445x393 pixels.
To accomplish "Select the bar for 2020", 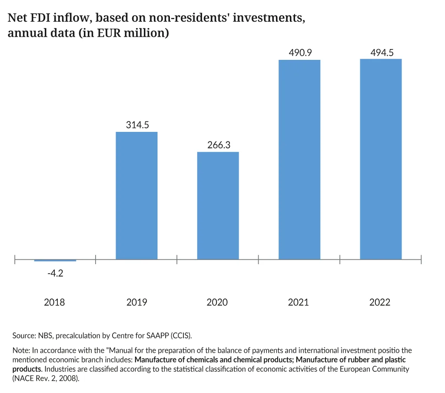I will point(218,206).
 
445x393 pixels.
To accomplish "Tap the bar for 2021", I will point(299,159).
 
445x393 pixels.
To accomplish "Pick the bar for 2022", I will point(381,159).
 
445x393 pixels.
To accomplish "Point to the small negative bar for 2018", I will point(55,260).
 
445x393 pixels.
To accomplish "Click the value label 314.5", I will point(137,125).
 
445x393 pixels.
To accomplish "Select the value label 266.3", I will point(219,145).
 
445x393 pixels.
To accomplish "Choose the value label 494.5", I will point(382,52).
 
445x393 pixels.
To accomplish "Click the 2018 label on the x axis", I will point(54,302).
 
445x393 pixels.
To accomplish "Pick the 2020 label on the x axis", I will point(217,302).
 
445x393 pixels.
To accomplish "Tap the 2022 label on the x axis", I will point(380,302).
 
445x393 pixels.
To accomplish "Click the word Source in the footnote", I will point(25,335).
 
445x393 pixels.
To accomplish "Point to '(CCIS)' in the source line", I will point(181,335).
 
